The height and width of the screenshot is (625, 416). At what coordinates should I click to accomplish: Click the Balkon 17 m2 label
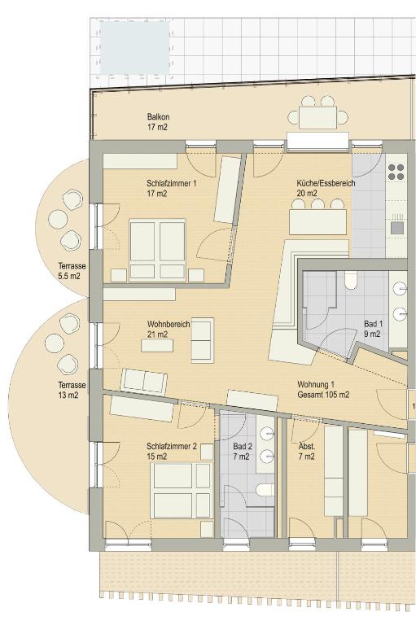click(158, 122)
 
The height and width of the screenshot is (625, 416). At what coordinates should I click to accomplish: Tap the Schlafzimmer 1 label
click(172, 189)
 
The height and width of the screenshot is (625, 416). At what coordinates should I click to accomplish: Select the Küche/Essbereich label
click(326, 188)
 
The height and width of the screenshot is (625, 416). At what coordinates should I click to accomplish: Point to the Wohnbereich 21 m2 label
click(169, 329)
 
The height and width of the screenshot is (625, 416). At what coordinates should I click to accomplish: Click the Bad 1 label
click(373, 329)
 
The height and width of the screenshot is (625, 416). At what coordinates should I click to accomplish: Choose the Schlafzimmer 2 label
click(172, 451)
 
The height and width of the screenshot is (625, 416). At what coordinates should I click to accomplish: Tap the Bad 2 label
click(242, 451)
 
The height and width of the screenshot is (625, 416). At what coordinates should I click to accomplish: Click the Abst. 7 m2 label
click(306, 451)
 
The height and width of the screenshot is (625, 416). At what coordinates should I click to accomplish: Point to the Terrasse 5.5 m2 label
click(72, 271)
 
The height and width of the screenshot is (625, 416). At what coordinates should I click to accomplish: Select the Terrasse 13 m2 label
click(72, 391)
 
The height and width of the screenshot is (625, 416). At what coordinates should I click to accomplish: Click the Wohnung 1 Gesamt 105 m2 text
click(323, 390)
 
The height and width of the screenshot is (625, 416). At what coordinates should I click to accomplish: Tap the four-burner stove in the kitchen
click(396, 172)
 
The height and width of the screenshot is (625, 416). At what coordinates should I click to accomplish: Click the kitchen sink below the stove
click(397, 228)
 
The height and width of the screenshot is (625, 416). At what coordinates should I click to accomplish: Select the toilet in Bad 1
click(351, 280)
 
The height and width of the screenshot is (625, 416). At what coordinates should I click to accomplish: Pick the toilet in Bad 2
click(265, 489)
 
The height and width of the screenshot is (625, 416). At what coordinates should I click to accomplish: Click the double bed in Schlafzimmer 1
click(158, 250)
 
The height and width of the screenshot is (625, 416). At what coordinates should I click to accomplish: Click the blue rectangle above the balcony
click(134, 47)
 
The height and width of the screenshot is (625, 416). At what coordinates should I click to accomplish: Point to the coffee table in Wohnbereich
click(157, 345)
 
